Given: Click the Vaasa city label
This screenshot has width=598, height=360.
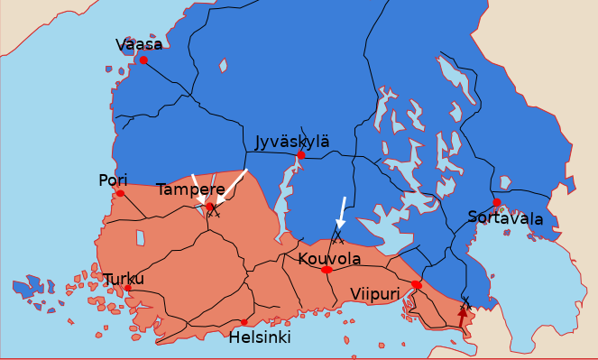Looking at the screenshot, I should tap(139, 44).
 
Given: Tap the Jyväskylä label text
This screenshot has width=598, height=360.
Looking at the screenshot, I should tap(291, 142).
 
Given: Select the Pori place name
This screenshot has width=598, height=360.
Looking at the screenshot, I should tap(113, 180).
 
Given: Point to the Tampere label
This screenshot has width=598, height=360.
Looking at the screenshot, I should tap(190, 189).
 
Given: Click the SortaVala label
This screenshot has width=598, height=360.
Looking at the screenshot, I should tap(505, 218).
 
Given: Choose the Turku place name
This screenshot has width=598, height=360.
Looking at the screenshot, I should tap(124, 279).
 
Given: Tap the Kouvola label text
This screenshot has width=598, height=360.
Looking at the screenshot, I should tap(329, 259).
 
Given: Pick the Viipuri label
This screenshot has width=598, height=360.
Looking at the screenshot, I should tap(374, 293).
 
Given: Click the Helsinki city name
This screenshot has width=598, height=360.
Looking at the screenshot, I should tap(260, 337).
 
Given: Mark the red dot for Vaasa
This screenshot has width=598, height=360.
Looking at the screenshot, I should tap(143, 60).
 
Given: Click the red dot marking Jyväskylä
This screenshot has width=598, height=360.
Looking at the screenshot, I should tap(300, 155).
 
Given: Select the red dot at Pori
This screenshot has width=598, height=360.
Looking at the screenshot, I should tap(120, 193).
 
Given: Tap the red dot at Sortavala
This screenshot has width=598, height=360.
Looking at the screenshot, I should tap(497, 203).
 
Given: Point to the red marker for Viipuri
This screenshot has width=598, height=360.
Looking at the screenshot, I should tap(416, 285).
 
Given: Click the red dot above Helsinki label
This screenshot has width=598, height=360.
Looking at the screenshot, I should tap(244, 322).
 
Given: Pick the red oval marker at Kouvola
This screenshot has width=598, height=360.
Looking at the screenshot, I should tap(327, 270).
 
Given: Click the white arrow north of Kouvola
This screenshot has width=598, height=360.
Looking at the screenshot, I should tap(341, 213).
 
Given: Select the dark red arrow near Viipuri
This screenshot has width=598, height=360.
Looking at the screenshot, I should tap(462, 317).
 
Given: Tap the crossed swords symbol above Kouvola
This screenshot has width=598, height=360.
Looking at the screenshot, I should tap(337, 240).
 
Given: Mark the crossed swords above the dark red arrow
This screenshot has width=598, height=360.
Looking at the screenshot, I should tap(465, 301).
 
